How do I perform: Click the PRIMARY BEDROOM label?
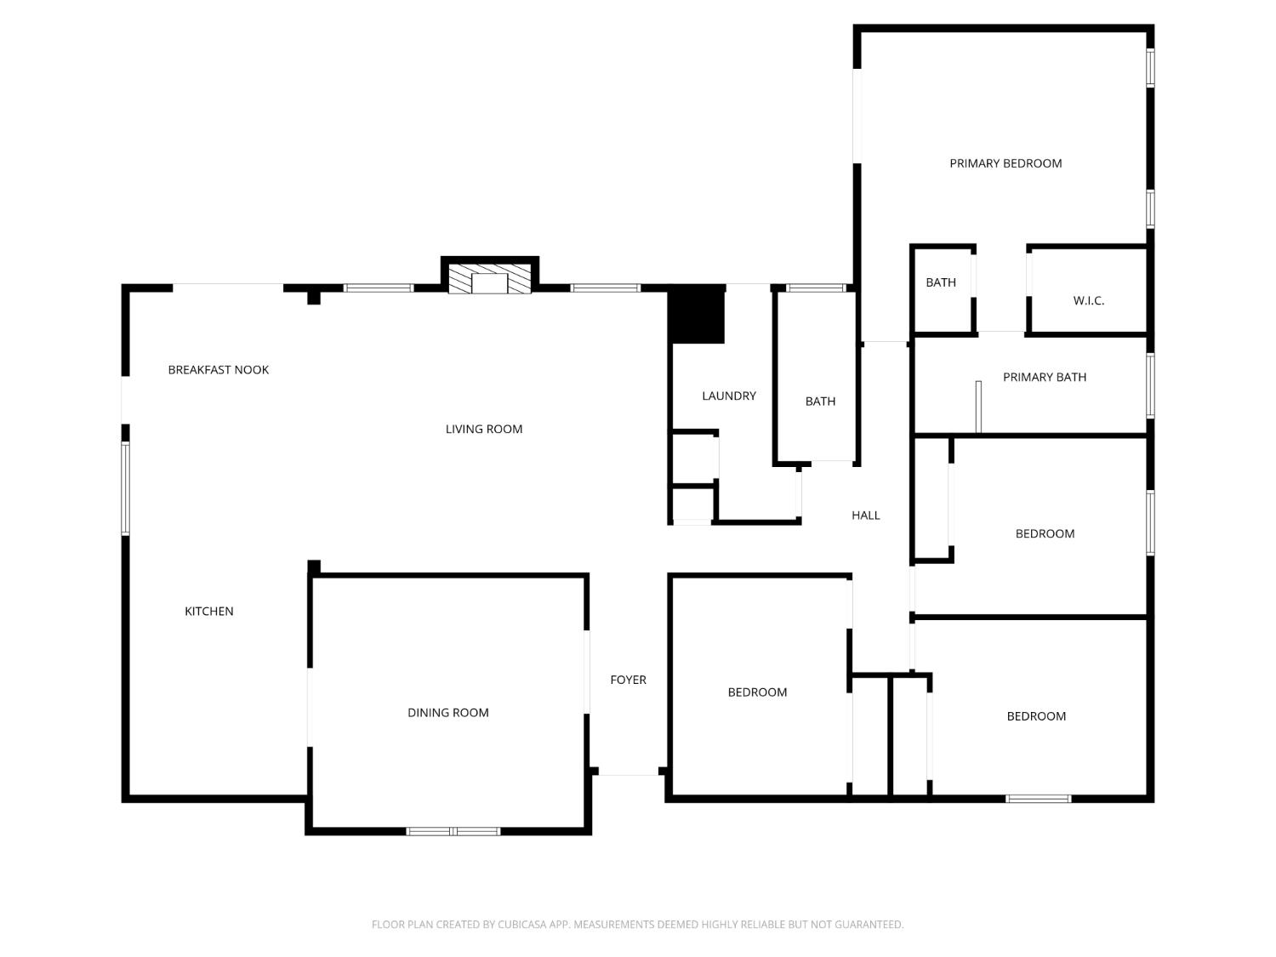coord(1005,163)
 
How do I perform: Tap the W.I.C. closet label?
coord(1088,300)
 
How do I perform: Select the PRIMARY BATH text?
coord(1044,377)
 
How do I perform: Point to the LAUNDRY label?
coord(728,396)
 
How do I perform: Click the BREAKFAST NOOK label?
coord(218,369)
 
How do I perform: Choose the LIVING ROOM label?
coord(484,429)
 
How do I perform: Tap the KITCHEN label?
coord(208,611)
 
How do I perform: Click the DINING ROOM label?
coord(447,712)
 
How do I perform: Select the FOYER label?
coord(628,679)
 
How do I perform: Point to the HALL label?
coord(865,515)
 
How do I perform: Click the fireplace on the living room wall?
coord(489,276)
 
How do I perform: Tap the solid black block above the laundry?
coord(697,315)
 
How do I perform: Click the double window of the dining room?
coord(453,831)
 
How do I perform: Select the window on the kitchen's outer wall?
coord(125,488)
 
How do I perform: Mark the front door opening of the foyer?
coord(629,772)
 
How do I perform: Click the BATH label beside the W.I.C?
coord(941,282)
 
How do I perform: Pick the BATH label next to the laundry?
coord(820,401)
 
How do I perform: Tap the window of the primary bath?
coord(1150,385)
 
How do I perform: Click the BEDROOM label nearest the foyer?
coord(757,692)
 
